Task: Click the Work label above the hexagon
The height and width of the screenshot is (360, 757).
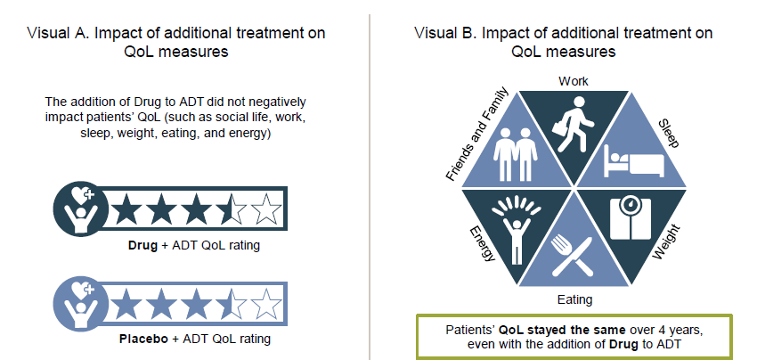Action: point(574,81)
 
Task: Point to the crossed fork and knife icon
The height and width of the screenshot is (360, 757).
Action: point(573,255)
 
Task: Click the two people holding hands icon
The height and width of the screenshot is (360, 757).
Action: point(515,153)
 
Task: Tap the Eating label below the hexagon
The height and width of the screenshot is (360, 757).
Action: point(574,299)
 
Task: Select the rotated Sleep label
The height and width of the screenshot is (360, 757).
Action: point(669,134)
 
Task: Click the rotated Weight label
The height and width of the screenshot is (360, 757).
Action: point(666,242)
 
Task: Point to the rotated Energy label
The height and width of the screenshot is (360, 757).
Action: point(483,244)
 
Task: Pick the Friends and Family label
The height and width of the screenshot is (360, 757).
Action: point(477,135)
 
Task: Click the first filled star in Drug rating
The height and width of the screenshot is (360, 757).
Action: point(126,209)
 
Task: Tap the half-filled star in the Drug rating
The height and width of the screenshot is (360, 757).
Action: point(231,209)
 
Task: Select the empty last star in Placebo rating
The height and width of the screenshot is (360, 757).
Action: point(266,305)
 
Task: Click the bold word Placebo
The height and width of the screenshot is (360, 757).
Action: point(142,339)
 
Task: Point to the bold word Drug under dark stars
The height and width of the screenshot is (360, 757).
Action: point(142,245)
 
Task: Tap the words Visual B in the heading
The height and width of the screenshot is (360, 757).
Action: point(444,33)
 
